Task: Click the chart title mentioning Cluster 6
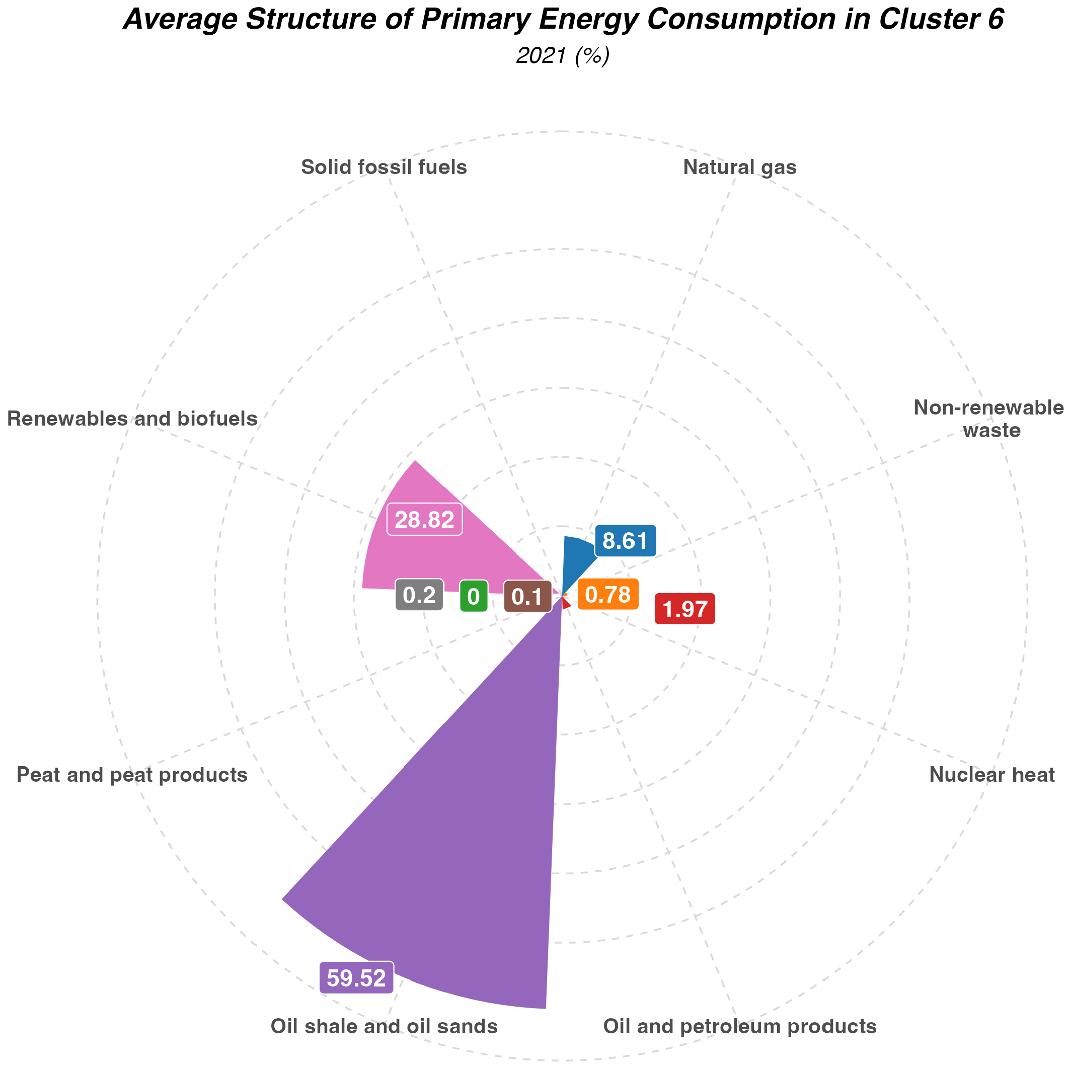pos(563,21)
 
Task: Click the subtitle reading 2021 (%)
pos(563,56)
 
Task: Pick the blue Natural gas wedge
pos(577,560)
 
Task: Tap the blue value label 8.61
pos(625,540)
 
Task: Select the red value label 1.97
pos(684,609)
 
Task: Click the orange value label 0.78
pos(608,594)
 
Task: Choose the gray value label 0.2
pos(419,596)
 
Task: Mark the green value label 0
pos(474,597)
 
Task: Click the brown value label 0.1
pos(527,597)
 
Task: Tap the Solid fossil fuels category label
pos(384,167)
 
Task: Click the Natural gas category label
pos(739,167)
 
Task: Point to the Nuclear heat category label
pos(991,775)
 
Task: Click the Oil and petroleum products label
pos(739,1027)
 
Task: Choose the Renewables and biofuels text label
pos(132,419)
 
